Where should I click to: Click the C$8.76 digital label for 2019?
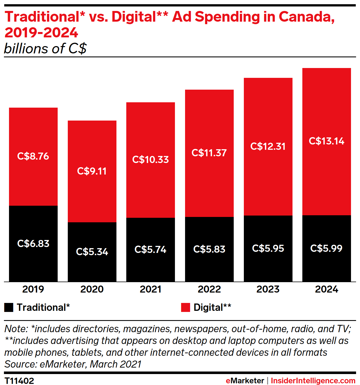[x=33, y=156]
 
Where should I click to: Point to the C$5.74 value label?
[x=150, y=250]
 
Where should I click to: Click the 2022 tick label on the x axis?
[x=209, y=289]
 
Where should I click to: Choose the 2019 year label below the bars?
[x=33, y=289]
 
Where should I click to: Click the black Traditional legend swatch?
[x=9, y=307]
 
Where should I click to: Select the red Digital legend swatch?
[x=186, y=307]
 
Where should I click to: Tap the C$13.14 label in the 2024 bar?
[x=327, y=141]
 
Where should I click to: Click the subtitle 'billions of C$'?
[x=45, y=49]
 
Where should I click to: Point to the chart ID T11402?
[x=19, y=381]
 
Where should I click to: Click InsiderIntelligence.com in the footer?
[x=313, y=381]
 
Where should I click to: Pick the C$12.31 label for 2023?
[x=268, y=146]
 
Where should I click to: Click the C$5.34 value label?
[x=92, y=252]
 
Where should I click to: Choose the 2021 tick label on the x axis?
[x=150, y=289]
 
